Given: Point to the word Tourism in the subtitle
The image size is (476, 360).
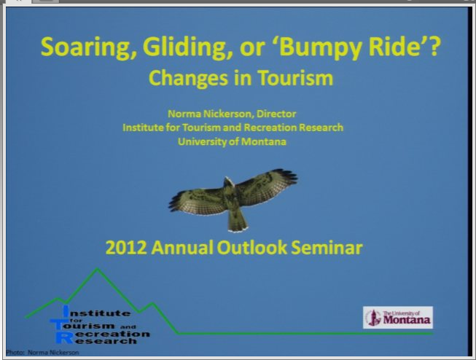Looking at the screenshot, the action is [295, 78].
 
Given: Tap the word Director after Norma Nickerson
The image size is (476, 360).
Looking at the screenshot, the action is [276, 114].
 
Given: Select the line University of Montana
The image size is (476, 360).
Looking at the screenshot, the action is [232, 142].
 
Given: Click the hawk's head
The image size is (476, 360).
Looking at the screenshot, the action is [229, 181].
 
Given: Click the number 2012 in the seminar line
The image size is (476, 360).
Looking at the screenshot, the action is [126, 248].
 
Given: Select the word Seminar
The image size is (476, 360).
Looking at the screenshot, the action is [327, 248].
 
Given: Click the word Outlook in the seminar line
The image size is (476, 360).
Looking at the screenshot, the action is [252, 248].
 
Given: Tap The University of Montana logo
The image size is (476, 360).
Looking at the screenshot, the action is [398, 318].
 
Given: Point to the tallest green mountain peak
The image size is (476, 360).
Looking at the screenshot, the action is [97, 269].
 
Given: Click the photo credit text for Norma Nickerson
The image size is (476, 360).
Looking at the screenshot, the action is [42, 353].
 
